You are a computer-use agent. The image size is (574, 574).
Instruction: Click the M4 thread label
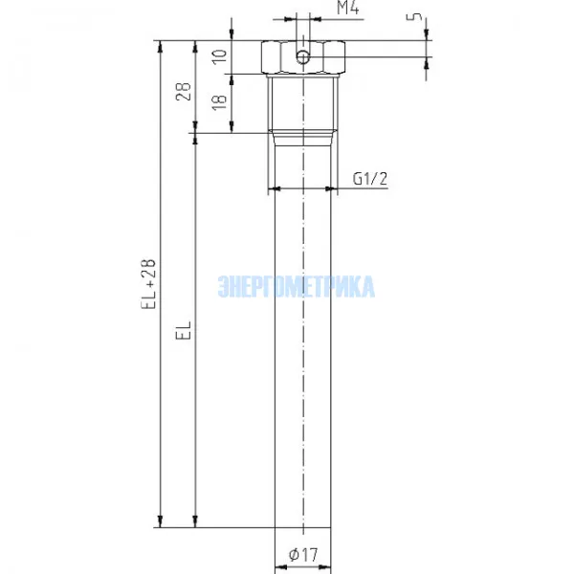pyautogui.click(x=348, y=8)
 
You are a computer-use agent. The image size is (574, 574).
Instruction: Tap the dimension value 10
pyautogui.click(x=220, y=56)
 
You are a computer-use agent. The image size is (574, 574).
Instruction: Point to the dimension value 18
pyautogui.click(x=220, y=102)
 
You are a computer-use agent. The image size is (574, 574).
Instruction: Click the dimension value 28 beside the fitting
pyautogui.click(x=184, y=91)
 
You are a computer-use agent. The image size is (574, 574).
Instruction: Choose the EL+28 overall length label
pyautogui.click(x=148, y=284)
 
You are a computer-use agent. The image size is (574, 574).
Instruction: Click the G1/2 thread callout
pyautogui.click(x=369, y=179)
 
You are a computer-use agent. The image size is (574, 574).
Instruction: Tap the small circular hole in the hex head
pyautogui.click(x=302, y=56)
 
